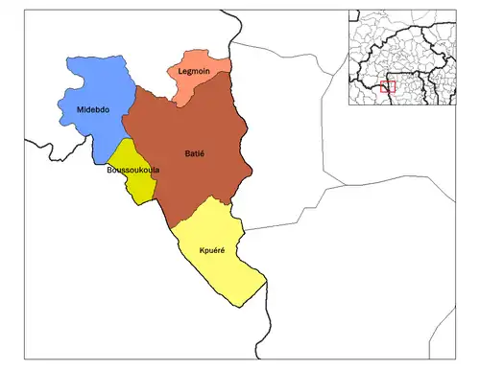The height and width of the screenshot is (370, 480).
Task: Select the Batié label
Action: click(x=196, y=153)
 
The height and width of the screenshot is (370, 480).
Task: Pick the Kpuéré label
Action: click(x=212, y=250)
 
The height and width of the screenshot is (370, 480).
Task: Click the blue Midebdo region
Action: click(x=91, y=91)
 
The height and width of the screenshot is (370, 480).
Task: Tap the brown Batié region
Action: click(x=192, y=129)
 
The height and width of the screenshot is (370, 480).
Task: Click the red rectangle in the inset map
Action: click(x=388, y=86)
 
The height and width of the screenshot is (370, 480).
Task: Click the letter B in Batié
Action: click(x=185, y=153)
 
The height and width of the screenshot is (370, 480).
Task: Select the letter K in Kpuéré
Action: click(x=202, y=250)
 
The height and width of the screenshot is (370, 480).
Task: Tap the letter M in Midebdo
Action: click(x=79, y=110)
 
